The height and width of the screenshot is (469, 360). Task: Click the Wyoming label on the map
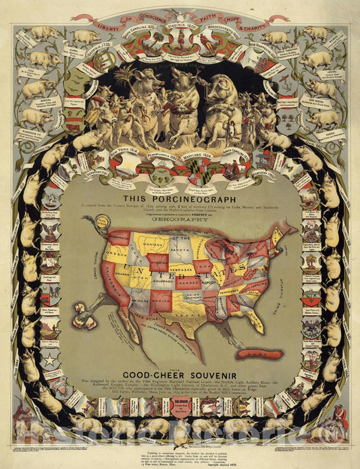pyautogui.click(x=159, y=258)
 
